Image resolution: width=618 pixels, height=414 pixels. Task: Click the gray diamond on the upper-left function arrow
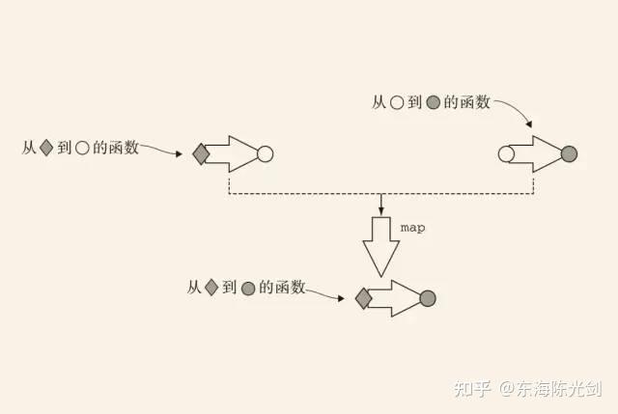(x=201, y=153)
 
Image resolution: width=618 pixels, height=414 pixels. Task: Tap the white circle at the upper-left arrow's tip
(x=266, y=153)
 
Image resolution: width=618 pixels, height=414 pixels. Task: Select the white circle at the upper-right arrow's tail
(x=505, y=153)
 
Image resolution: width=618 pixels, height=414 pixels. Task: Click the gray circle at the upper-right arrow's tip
(x=569, y=153)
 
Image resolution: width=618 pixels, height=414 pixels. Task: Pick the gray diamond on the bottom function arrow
(x=363, y=298)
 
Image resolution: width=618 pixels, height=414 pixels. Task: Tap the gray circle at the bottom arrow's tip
(x=428, y=298)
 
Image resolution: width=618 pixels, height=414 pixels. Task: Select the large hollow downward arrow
(x=381, y=247)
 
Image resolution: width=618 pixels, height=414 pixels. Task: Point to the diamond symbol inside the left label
(x=45, y=149)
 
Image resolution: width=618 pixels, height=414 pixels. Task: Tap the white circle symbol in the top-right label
(x=396, y=100)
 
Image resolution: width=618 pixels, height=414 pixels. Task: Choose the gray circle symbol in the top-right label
(x=434, y=100)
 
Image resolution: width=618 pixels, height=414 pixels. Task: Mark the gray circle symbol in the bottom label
(x=248, y=288)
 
